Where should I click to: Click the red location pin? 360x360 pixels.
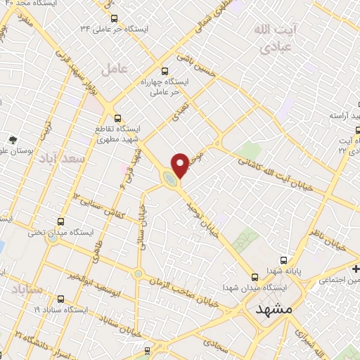(181, 163)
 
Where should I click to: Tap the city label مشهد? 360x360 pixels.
(274, 309)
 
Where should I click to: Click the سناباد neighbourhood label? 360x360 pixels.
(28, 289)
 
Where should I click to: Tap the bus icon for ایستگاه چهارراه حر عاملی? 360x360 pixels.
(165, 70)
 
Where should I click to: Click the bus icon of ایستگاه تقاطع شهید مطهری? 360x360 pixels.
(117, 118)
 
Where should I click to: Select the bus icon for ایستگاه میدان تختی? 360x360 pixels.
(60, 221)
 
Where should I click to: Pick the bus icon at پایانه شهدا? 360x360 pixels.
(284, 259)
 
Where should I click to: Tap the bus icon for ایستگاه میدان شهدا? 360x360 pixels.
(254, 277)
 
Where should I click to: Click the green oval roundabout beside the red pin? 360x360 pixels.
(170, 180)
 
